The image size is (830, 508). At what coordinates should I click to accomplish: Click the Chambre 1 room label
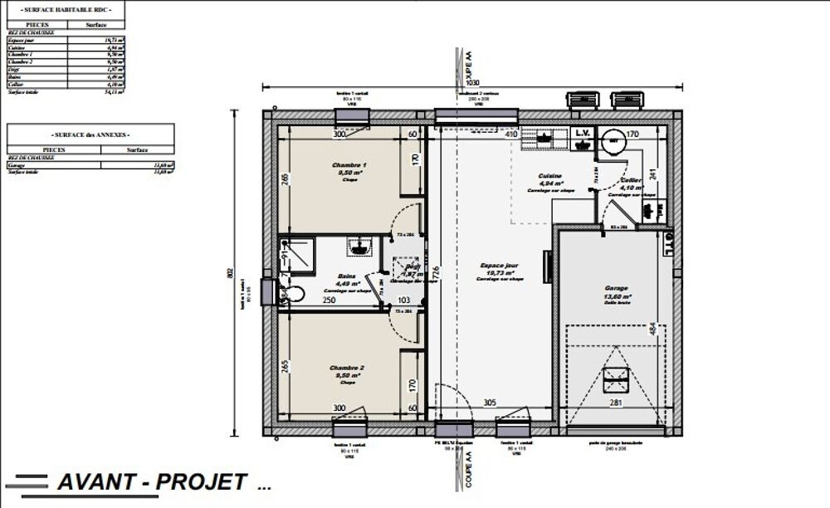tap(349, 166)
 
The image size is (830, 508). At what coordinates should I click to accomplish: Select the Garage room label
tap(617, 289)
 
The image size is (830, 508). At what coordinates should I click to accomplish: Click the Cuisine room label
tap(550, 177)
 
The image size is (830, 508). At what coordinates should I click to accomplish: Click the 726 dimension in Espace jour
tap(434, 272)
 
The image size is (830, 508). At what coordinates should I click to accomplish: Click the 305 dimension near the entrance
tap(490, 403)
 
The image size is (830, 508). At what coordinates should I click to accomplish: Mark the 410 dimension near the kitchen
tap(511, 134)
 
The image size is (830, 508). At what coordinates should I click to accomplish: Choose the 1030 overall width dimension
tap(472, 84)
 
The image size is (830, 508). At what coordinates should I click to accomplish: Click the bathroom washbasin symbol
tap(359, 246)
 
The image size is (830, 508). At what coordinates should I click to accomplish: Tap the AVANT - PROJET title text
tap(152, 481)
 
